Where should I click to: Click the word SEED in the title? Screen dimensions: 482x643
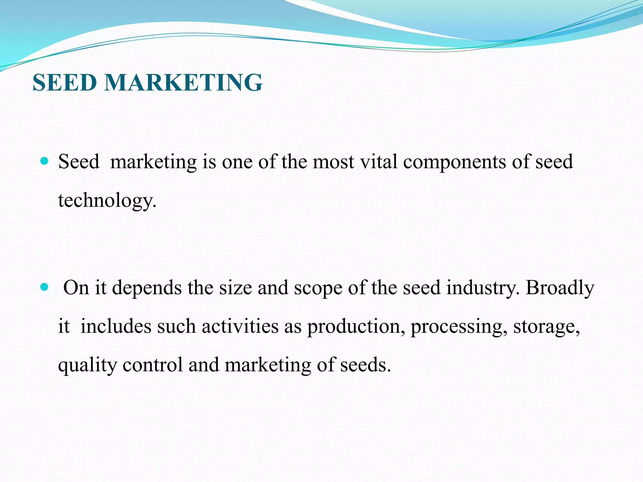[65, 83]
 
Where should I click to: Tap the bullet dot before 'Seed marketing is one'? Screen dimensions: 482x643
[45, 161]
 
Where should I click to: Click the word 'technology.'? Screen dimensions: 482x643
[107, 201]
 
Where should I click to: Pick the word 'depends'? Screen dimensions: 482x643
[147, 288]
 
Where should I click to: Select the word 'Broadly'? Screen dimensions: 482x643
[560, 288]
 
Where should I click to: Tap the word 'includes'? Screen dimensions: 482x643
[116, 326]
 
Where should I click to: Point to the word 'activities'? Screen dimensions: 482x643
[240, 326]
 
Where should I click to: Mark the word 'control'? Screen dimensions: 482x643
[153, 365]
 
